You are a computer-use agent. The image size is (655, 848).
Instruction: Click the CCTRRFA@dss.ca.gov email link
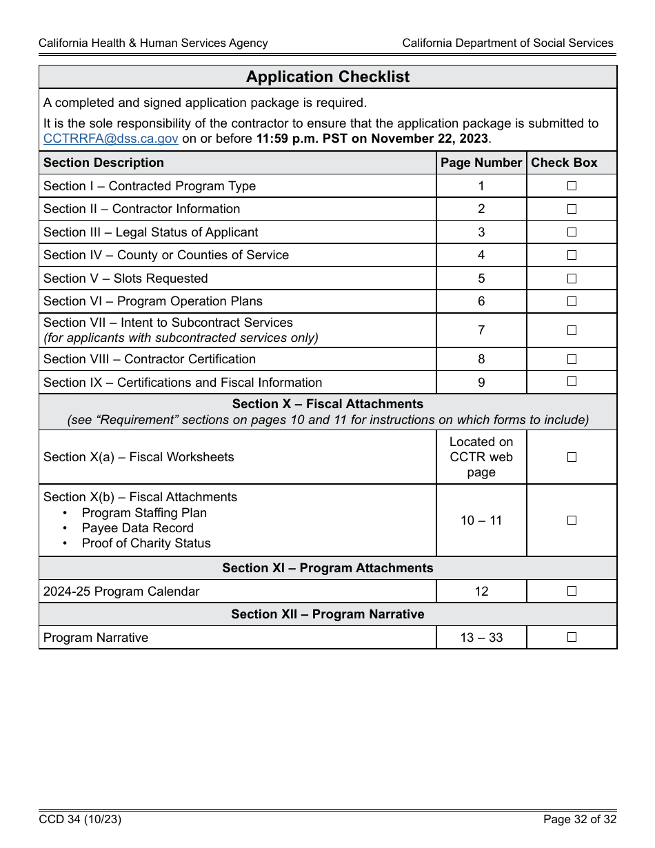point(111,139)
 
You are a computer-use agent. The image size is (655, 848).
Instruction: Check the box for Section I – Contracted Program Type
point(572,186)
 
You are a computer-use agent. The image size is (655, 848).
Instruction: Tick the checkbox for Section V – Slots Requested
point(572,279)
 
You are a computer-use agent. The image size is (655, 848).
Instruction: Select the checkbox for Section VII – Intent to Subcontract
point(572,330)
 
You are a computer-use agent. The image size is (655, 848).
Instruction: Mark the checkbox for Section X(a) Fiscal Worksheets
point(572,457)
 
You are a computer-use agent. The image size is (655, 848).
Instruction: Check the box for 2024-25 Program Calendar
point(572,591)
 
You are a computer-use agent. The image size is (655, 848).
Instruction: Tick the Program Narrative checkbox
point(572,638)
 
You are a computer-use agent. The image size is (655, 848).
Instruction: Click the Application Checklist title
point(327,77)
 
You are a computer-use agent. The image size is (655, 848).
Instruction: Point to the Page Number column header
point(481,163)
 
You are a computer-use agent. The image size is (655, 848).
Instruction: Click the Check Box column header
point(564,163)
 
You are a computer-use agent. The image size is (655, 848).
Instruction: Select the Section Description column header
point(103,163)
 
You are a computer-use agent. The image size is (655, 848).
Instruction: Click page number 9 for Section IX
point(481,383)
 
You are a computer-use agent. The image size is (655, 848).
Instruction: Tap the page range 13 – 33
point(481,638)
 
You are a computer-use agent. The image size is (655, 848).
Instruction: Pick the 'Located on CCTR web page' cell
point(481,457)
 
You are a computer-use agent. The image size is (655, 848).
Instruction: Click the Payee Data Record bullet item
point(137,528)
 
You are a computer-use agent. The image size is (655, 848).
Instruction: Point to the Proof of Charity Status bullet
point(146,543)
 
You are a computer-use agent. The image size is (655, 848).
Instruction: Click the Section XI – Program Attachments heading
point(327,568)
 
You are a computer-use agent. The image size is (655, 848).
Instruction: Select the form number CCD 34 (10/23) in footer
point(80,820)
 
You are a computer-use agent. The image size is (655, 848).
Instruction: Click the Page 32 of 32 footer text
point(579,820)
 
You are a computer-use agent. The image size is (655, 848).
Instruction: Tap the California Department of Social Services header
point(507,43)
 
